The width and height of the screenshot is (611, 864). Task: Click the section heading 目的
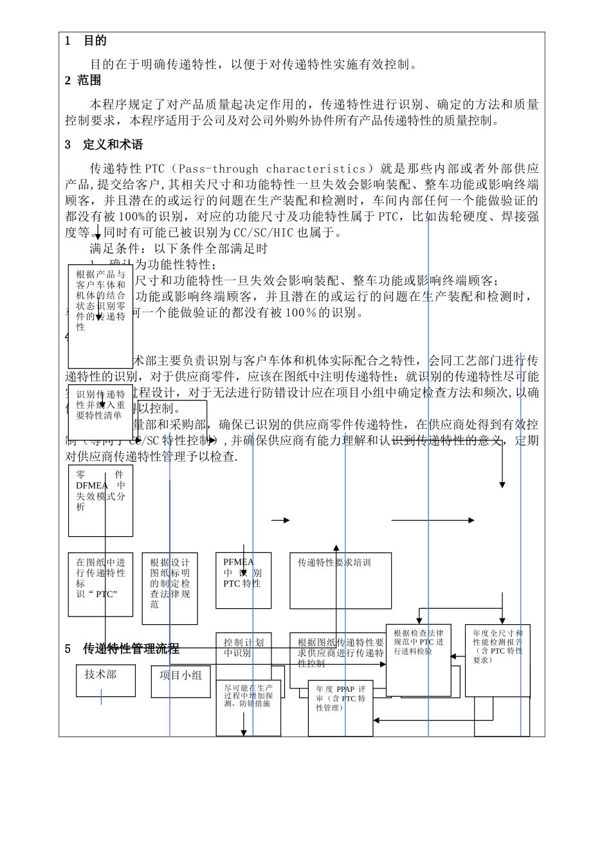(95, 41)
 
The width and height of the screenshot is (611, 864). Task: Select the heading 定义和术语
(113, 145)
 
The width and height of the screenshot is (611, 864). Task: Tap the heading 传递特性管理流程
(131, 649)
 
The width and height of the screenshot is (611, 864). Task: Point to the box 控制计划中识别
(243, 647)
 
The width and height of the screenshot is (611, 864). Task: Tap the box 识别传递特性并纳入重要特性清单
(100, 405)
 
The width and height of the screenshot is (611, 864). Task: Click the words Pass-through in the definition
(218, 169)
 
